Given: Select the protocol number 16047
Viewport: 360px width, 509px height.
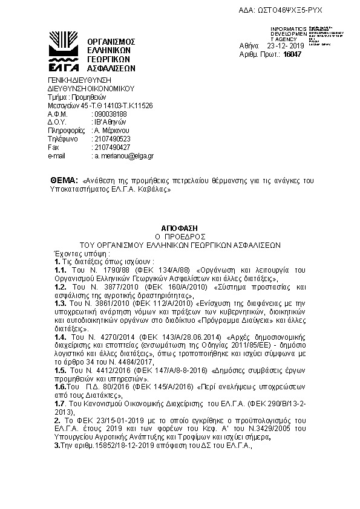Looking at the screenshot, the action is point(292,54).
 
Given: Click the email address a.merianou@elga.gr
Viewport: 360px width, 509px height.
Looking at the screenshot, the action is point(123,156).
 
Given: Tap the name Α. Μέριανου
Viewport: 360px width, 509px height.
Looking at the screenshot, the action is point(111,130).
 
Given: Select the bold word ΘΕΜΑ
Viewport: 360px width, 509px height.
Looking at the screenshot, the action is point(63,181).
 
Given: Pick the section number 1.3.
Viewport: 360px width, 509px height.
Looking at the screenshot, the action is point(60,302).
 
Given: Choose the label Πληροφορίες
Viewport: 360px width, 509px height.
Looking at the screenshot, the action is point(64,130).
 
